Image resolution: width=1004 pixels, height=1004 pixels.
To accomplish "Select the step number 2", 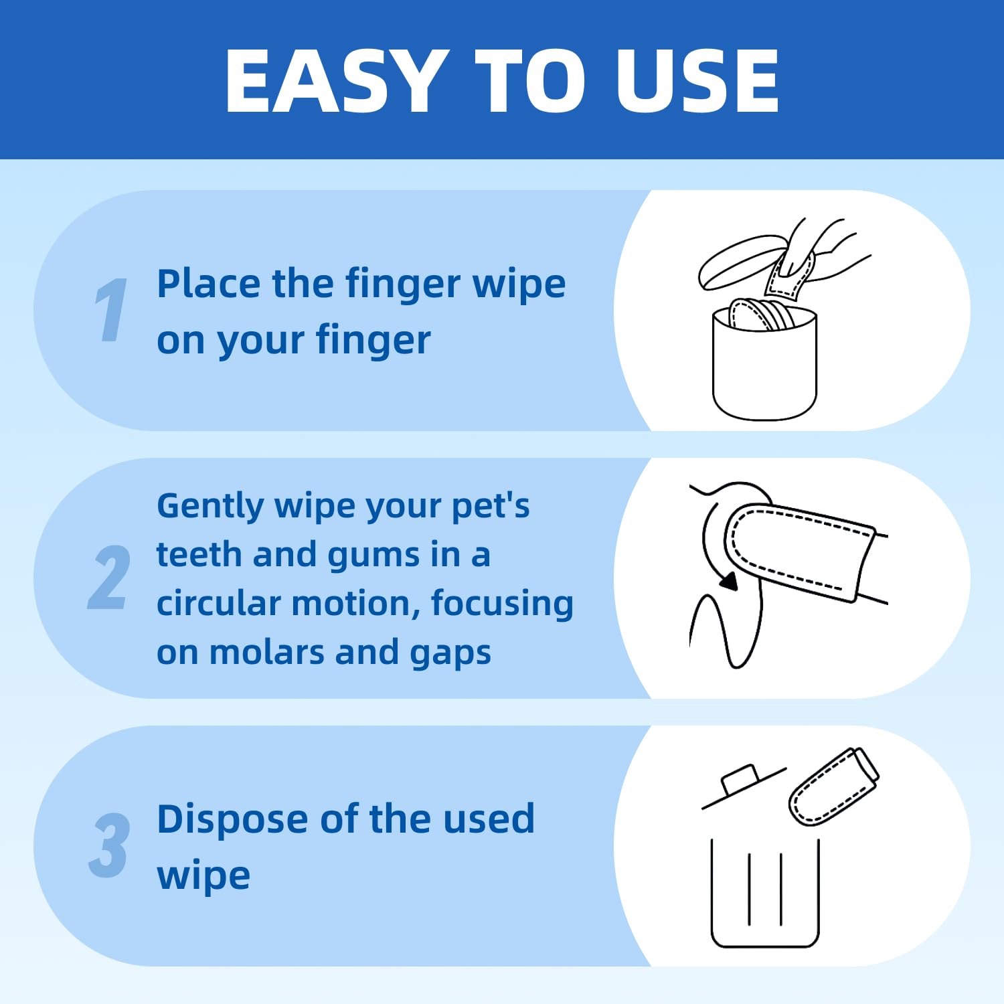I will click(x=109, y=577).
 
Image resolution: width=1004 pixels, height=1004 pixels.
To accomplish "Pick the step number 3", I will click(x=109, y=845).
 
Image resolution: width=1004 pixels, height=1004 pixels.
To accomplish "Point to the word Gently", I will click(x=210, y=506).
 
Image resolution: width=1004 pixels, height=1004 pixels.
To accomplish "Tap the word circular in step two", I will click(x=218, y=603).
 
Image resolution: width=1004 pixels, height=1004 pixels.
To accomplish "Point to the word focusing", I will click(x=501, y=603).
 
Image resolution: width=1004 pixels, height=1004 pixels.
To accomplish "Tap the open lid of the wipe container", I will click(x=740, y=260).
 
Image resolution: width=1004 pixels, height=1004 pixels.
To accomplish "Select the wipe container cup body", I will click(x=764, y=368).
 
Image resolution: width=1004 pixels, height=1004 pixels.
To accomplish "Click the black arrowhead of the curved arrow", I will click(x=729, y=582).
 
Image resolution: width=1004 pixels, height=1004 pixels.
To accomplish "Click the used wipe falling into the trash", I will click(x=833, y=786).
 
